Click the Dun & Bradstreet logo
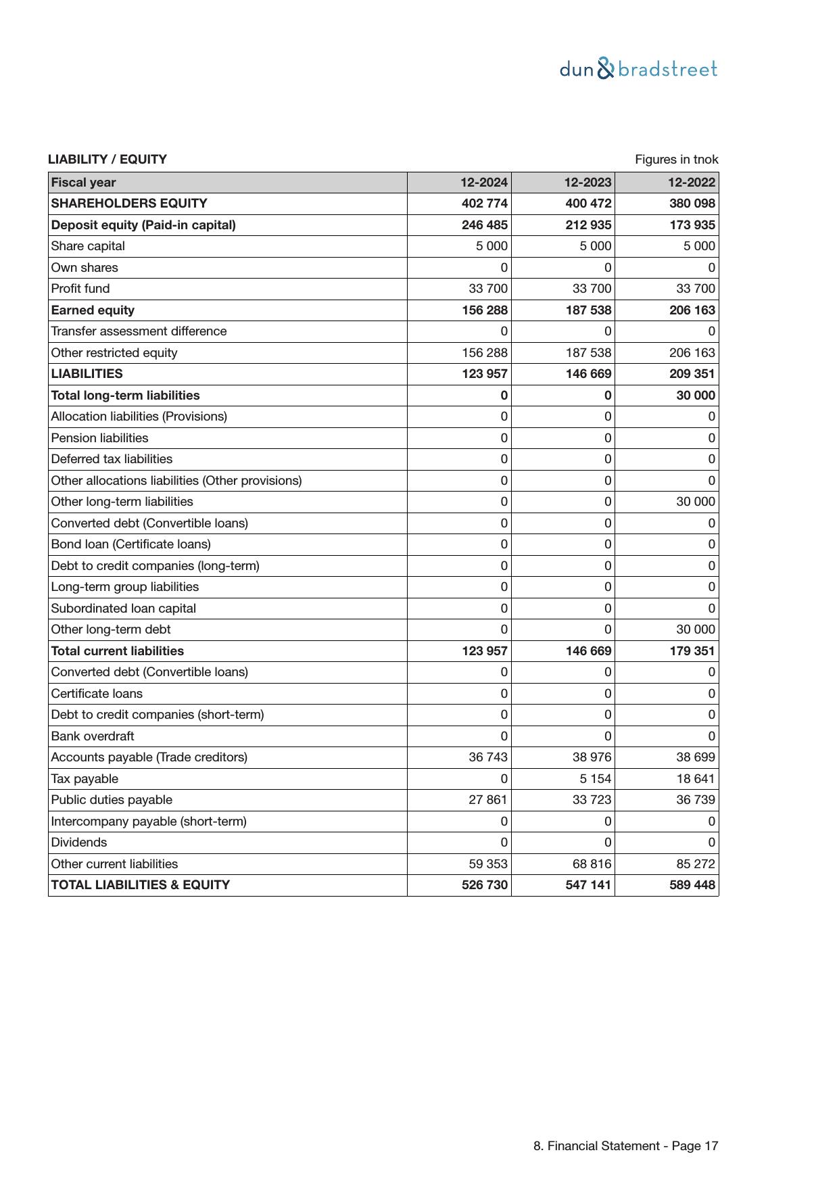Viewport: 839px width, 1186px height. click(x=638, y=69)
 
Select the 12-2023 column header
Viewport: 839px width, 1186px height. click(x=588, y=183)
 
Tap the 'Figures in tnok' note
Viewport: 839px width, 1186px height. click(x=676, y=160)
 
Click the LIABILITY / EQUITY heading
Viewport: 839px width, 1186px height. click(x=107, y=160)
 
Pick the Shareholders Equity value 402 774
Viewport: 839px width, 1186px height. click(x=484, y=204)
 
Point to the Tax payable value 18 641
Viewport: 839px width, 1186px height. click(x=695, y=779)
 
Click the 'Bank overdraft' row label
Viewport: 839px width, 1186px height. click(x=93, y=736)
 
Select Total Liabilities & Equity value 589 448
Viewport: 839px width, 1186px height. click(x=692, y=885)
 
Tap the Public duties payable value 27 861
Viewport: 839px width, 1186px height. click(x=487, y=800)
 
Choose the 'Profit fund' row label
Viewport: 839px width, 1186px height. click(x=80, y=289)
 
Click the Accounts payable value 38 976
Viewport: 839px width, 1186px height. click(x=592, y=757)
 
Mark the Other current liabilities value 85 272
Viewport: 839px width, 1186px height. click(x=695, y=864)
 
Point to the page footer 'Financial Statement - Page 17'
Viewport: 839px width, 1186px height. click(x=625, y=1146)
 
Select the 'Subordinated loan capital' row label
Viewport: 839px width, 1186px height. click(x=124, y=609)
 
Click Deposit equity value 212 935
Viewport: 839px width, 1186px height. click(x=588, y=225)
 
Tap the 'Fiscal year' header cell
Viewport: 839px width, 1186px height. click(x=84, y=183)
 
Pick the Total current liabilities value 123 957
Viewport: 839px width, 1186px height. click(x=484, y=651)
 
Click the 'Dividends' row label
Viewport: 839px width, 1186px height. click(x=79, y=843)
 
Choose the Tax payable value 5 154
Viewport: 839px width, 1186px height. click(x=595, y=779)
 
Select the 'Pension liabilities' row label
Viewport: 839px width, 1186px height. click(x=100, y=438)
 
